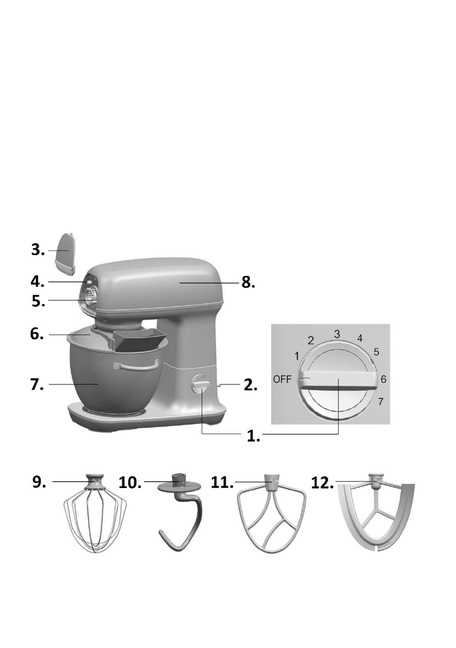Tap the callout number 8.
coord(248,283)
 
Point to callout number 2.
coord(248,385)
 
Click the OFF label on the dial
coord(283,379)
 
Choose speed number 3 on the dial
coord(337,334)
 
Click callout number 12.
coord(323,481)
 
